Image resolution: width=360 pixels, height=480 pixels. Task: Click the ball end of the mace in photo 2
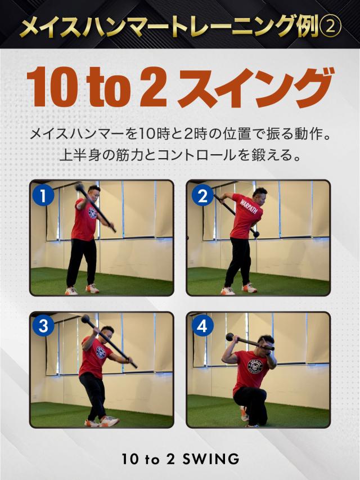[255, 233]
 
